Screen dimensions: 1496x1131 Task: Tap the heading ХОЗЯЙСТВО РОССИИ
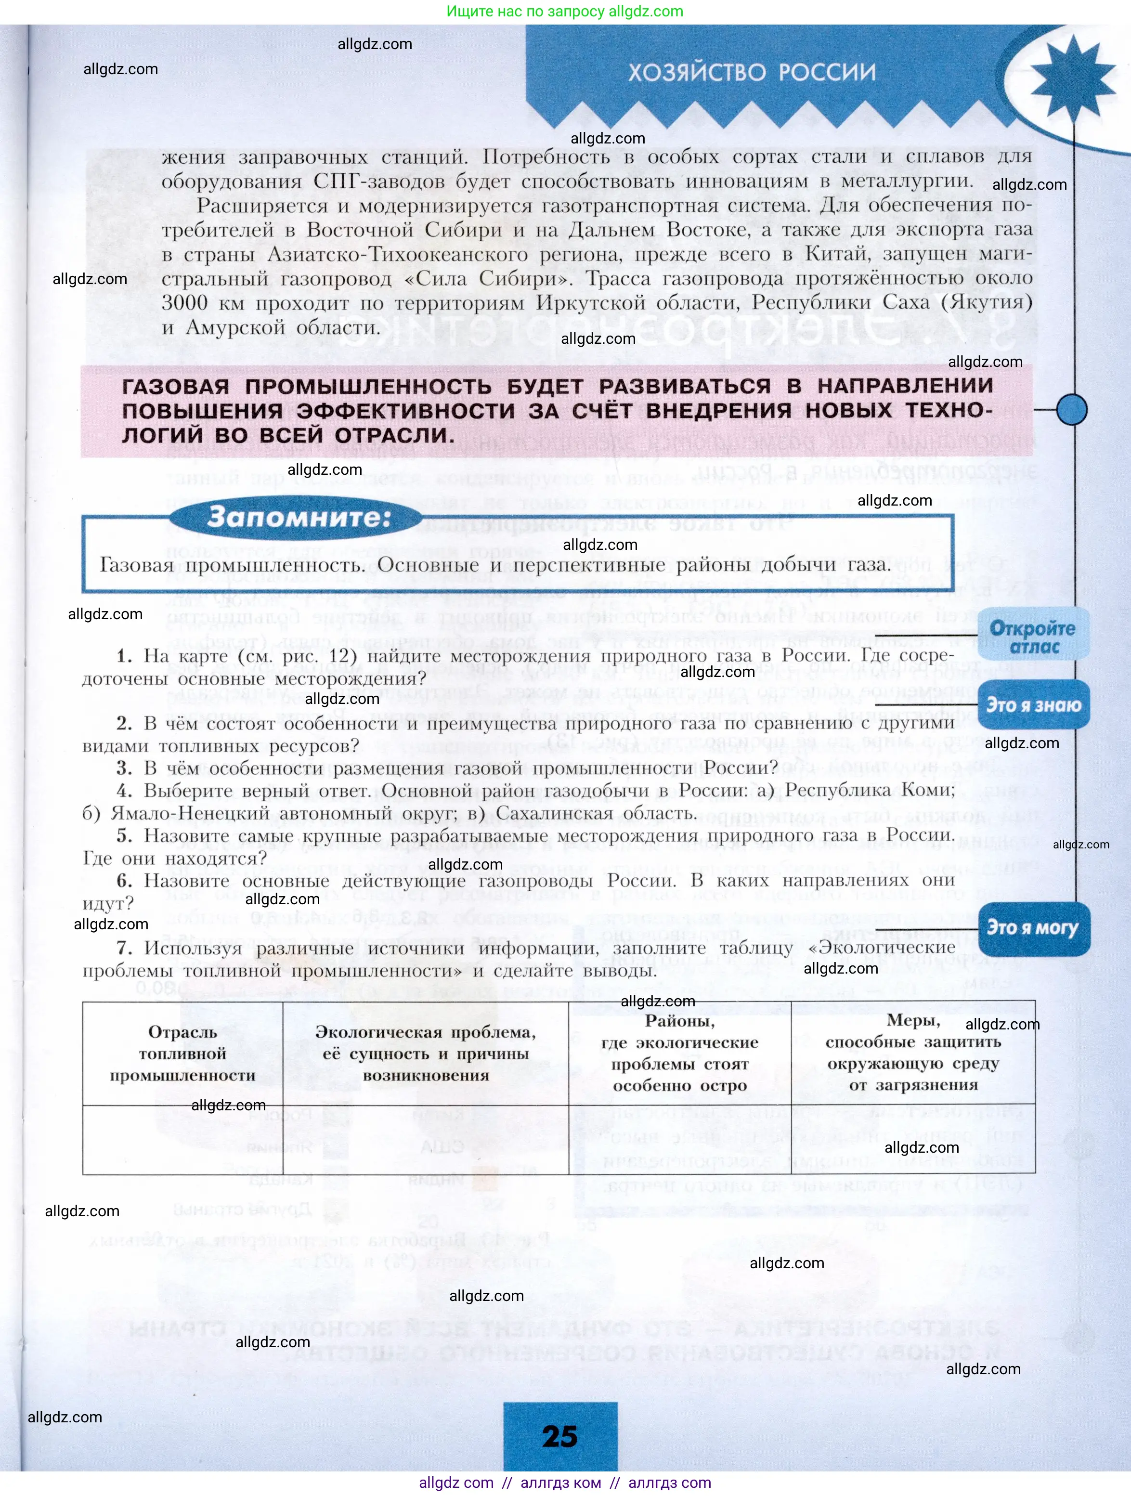pos(752,72)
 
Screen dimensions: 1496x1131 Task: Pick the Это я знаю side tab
pos(1033,705)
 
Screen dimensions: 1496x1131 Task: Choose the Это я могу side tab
pos(1032,928)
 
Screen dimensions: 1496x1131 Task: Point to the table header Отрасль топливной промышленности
pos(182,1054)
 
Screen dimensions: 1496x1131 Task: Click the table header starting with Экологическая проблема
pos(426,1054)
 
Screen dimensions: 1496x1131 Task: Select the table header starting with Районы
pos(679,1053)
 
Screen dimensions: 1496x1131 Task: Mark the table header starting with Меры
pos(912,1053)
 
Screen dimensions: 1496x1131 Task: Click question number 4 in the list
pos(124,791)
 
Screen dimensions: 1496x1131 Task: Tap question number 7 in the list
pos(124,948)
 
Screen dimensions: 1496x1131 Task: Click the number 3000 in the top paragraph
pos(184,303)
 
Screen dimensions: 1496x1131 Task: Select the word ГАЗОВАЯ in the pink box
pos(175,387)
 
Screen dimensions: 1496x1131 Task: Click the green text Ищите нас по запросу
pos(526,12)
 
